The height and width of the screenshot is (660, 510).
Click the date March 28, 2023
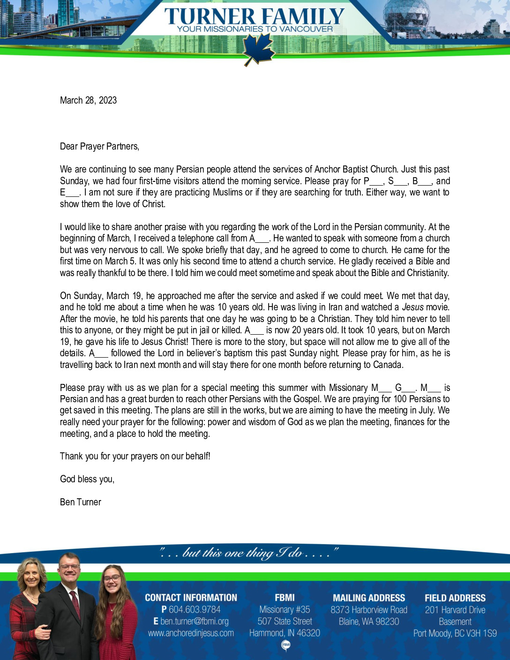[x=88, y=100]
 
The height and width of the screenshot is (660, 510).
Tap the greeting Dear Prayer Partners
[x=99, y=146]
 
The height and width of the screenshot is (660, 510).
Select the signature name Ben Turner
[x=80, y=502]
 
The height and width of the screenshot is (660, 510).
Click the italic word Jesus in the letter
[x=412, y=307]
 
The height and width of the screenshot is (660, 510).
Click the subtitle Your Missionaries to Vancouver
[x=255, y=29]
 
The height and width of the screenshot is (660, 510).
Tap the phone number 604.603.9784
[x=194, y=609]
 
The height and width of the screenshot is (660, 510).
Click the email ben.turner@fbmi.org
[x=194, y=621]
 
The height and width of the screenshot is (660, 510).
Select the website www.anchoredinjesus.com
[x=191, y=633]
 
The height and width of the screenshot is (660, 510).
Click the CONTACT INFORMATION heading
[x=191, y=598]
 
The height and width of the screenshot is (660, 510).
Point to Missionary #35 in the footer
[x=285, y=609]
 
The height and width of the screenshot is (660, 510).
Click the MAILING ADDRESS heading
[x=369, y=598]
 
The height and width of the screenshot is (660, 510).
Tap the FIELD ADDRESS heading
[x=455, y=598]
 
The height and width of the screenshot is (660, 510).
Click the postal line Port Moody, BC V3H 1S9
[x=455, y=633]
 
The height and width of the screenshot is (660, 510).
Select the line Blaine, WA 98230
[x=369, y=622]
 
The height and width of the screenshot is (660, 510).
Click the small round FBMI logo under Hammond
[x=285, y=645]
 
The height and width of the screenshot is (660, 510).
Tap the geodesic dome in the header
[x=406, y=16]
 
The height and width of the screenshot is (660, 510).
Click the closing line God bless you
[x=87, y=479]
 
